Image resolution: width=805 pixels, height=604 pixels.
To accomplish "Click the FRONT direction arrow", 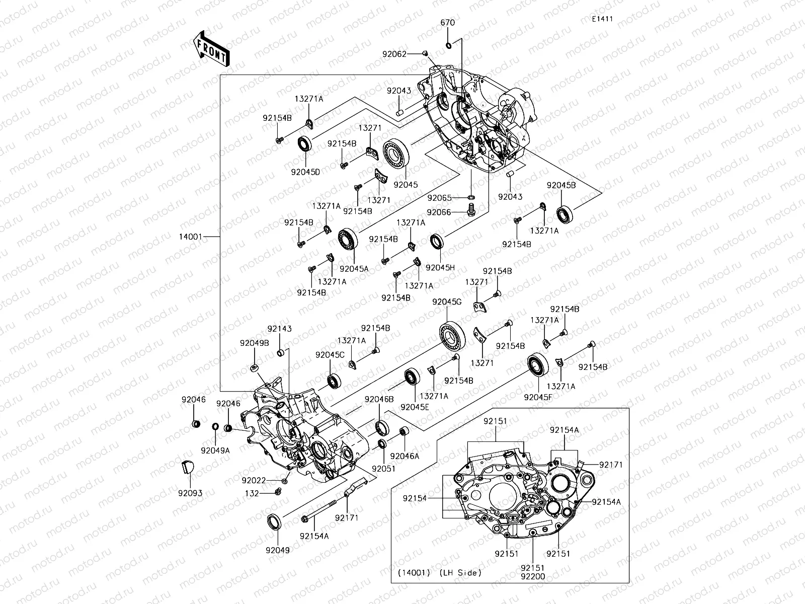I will pyautogui.click(x=211, y=49).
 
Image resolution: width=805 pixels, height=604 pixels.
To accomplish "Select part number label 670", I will pyautogui.click(x=447, y=23).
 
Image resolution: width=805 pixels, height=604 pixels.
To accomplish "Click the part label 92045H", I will pyautogui.click(x=440, y=268).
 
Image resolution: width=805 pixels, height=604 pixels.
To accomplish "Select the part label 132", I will pyautogui.click(x=252, y=493).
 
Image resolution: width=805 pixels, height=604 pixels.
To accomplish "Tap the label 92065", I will pyautogui.click(x=439, y=198).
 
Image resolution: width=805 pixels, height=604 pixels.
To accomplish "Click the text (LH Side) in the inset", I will pyautogui.click(x=460, y=572).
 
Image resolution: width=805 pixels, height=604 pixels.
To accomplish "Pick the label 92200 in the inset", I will pyautogui.click(x=533, y=577).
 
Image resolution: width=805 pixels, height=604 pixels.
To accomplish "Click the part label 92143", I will pyautogui.click(x=279, y=329).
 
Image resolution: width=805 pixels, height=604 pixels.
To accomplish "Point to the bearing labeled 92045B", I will pyautogui.click(x=565, y=214).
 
